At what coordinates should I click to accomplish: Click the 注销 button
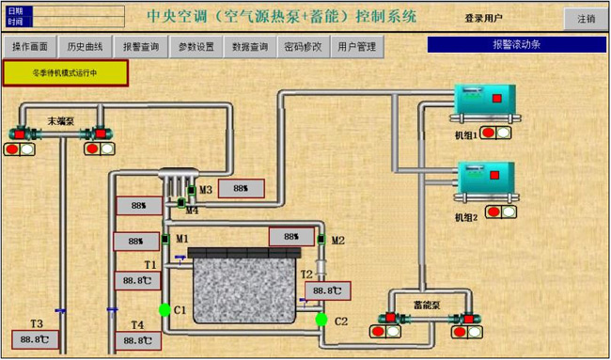click(586, 18)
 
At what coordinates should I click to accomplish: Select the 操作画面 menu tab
click(29, 46)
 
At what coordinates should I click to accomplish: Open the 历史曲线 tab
click(85, 46)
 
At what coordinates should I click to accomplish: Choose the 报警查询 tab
click(141, 46)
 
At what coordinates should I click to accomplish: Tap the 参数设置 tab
click(196, 46)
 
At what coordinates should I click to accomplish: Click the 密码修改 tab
click(302, 46)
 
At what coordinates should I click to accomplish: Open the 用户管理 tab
click(354, 46)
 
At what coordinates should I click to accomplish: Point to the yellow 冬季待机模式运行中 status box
click(65, 72)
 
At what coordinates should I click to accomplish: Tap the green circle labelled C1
click(165, 309)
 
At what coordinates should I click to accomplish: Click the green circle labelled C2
click(321, 320)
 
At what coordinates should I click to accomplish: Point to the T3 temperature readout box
click(37, 339)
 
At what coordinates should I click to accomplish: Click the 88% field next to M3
click(240, 188)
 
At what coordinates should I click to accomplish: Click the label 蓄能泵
click(427, 303)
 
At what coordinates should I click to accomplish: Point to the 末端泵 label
click(62, 119)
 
